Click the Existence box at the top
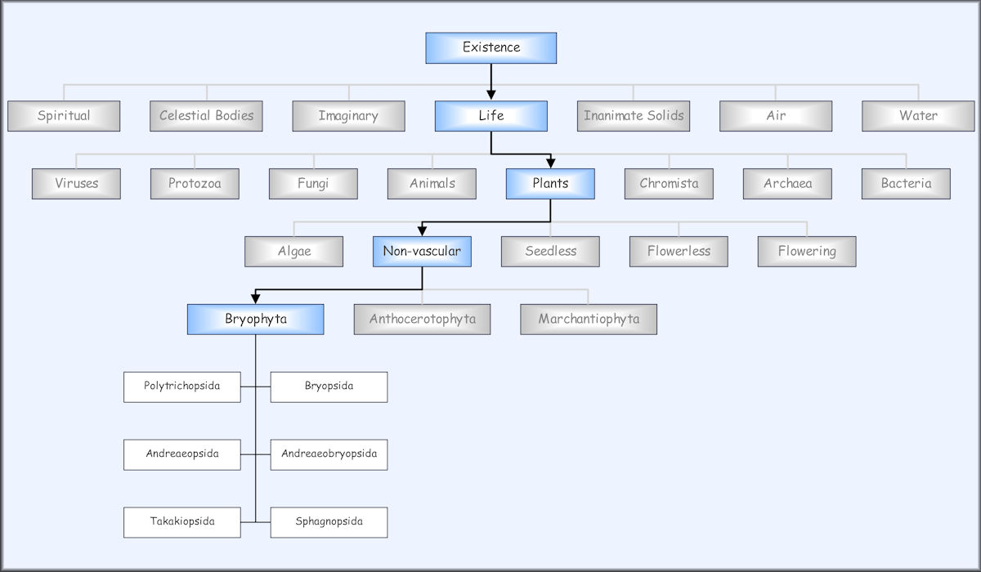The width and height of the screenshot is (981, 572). (490, 47)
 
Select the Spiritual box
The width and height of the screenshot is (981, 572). (64, 116)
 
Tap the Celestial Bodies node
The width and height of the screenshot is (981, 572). (206, 116)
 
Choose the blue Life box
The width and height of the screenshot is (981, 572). (490, 116)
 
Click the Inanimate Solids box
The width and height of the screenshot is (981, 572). (634, 116)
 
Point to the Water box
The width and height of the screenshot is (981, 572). (918, 116)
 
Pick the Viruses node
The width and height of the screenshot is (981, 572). (76, 184)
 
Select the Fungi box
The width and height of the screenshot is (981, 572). (313, 184)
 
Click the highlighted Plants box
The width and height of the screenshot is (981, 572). (550, 184)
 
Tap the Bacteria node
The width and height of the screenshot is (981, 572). (906, 184)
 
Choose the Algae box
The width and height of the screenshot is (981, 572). (293, 252)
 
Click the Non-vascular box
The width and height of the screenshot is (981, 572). (422, 252)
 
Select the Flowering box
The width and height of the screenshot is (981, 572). (807, 252)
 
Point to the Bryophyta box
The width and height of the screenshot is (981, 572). (255, 320)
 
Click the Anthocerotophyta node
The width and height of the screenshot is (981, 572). (422, 320)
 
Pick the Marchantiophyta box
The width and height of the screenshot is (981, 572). (589, 320)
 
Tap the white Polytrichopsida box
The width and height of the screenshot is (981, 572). (181, 387)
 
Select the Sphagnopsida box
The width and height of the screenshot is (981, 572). (329, 522)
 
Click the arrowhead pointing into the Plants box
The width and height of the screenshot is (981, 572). (550, 163)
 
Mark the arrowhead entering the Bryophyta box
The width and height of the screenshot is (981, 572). (255, 299)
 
